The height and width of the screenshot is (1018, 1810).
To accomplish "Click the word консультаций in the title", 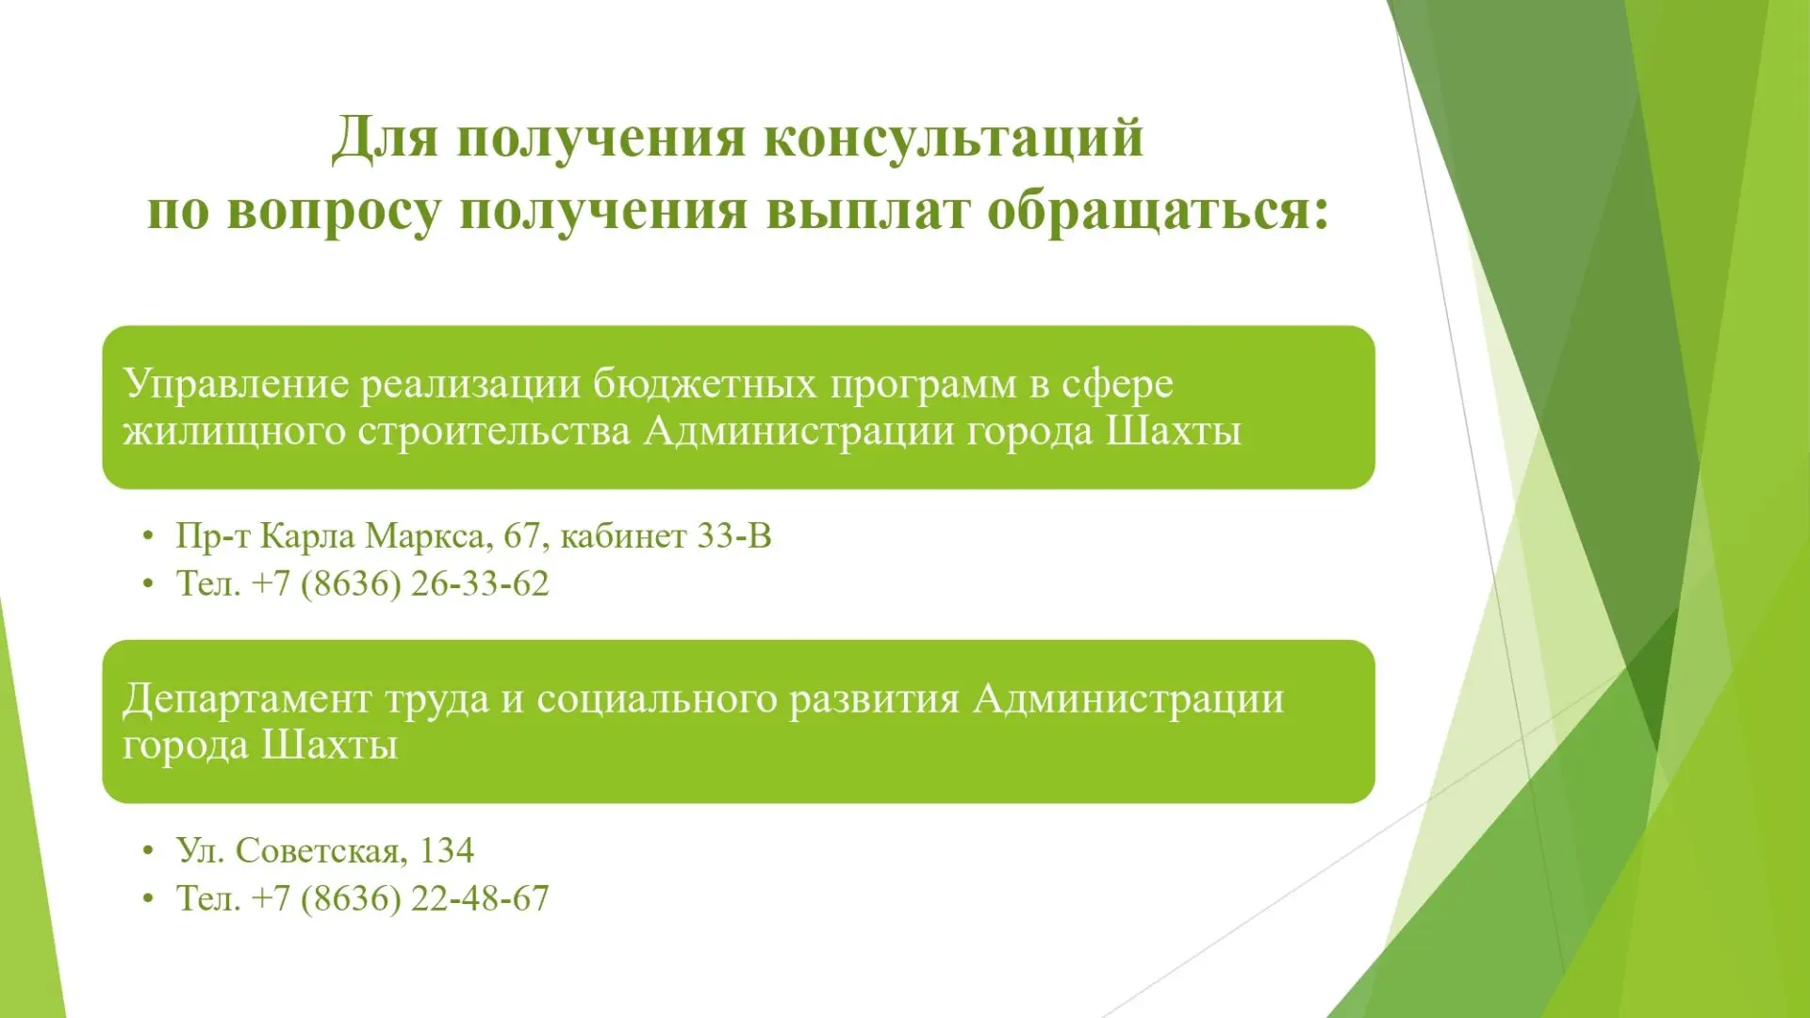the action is pyautogui.click(x=953, y=138).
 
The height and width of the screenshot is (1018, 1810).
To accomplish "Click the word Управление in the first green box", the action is pyautogui.click(x=236, y=385).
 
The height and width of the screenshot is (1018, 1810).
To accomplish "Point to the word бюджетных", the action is pyautogui.click(x=705, y=383).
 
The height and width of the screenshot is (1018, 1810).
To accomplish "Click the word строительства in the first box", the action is pyautogui.click(x=494, y=432).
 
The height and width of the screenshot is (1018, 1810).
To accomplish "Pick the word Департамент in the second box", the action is pyautogui.click(x=247, y=699).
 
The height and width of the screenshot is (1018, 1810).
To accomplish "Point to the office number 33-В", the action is pyautogui.click(x=733, y=535).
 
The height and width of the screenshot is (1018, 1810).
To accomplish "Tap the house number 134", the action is pyautogui.click(x=446, y=850).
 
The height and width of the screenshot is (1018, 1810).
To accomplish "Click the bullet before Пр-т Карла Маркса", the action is pyautogui.click(x=147, y=536).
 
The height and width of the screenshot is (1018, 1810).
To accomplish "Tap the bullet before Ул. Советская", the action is pyautogui.click(x=147, y=851).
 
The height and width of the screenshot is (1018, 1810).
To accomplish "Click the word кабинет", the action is pyautogui.click(x=623, y=535).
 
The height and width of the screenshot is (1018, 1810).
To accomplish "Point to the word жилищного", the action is pyautogui.click(x=235, y=432).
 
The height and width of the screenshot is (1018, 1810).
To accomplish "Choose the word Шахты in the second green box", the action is pyautogui.click(x=329, y=746).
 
